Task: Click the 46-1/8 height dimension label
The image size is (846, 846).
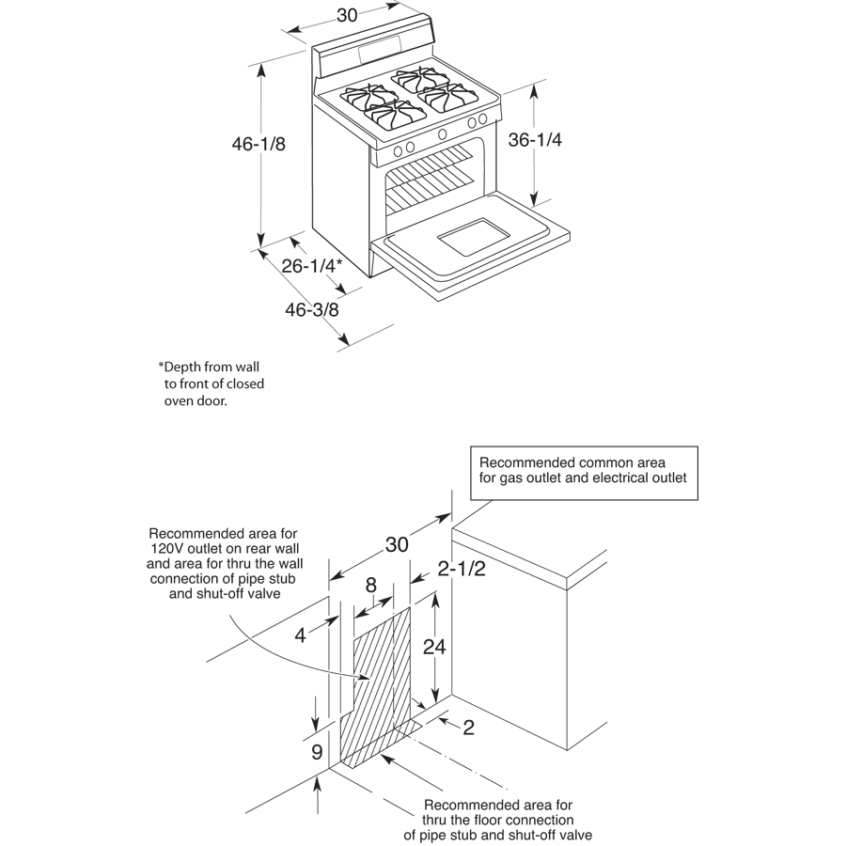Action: (x=258, y=144)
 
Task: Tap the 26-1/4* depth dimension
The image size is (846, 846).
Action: (x=311, y=266)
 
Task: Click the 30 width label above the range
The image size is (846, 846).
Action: (x=350, y=15)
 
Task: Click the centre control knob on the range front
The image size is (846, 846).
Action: (x=442, y=133)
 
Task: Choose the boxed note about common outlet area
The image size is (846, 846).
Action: (x=583, y=470)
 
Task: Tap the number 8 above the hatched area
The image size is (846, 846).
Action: (x=370, y=586)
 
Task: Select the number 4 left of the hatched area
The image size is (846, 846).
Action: (x=301, y=635)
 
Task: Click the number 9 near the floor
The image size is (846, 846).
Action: (x=318, y=752)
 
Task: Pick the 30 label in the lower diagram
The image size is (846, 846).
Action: (x=397, y=545)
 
